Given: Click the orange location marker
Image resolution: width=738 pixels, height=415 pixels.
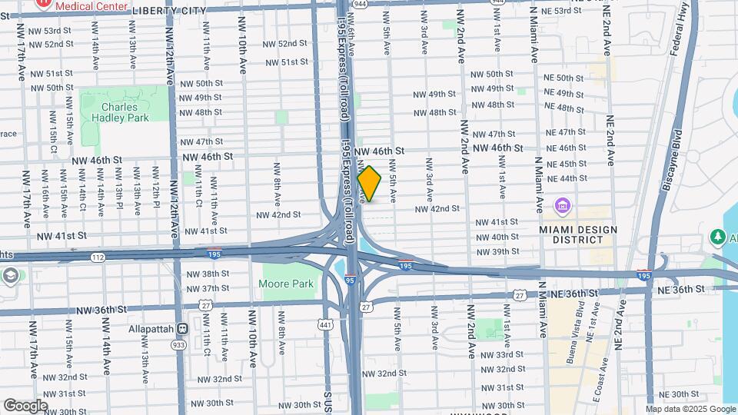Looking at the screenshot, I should coord(370,184).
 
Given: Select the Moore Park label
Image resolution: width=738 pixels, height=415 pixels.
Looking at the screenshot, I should coord(285,284).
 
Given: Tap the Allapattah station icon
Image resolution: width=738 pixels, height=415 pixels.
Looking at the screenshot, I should coord(183,328).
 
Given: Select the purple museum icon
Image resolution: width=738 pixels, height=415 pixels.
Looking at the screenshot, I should coord(562,206).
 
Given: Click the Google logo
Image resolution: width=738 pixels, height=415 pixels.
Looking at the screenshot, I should coord(25,405).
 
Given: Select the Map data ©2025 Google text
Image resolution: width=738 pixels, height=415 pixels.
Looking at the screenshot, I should coord(690,409).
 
